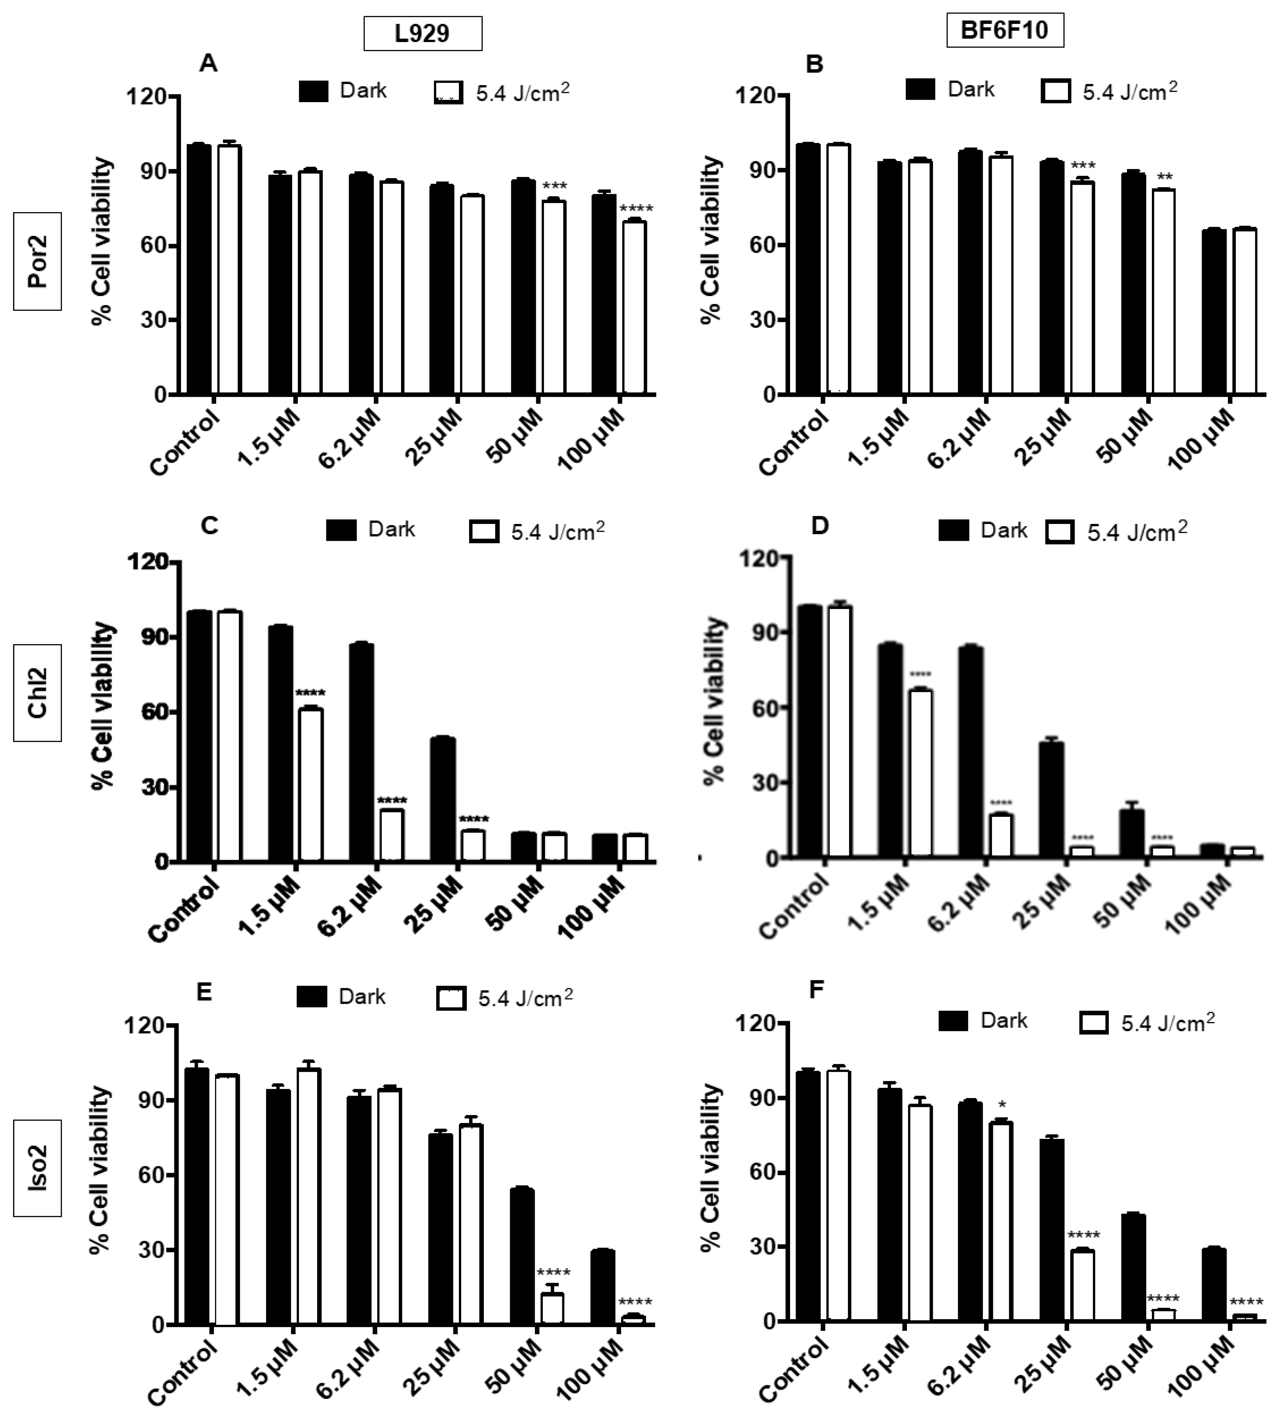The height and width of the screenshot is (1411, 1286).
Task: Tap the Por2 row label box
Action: tap(37, 261)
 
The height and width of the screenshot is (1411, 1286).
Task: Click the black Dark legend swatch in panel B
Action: tap(920, 90)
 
